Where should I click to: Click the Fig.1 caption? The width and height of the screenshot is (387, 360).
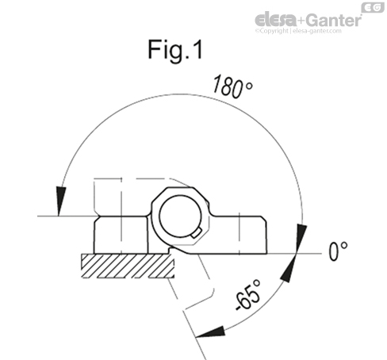(175, 50)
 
